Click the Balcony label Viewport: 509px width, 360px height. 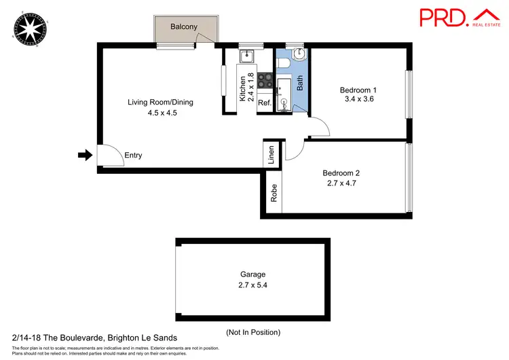184,26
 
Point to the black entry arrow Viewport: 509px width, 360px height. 84,156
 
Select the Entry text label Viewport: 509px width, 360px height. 133,156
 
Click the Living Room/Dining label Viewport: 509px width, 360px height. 161,103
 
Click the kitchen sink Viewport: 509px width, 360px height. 247,56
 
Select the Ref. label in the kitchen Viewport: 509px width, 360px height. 265,103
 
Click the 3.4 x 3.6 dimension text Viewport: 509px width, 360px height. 360,99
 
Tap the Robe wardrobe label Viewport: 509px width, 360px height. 274,194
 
